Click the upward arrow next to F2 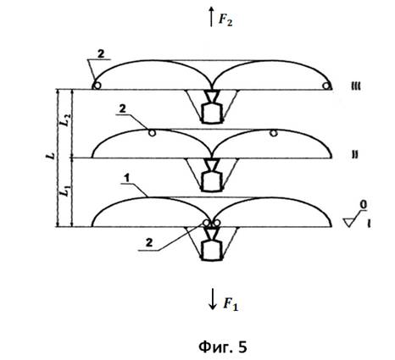[211, 17]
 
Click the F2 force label [225, 20]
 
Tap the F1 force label [231, 304]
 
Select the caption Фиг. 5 [223, 346]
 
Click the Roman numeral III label [355, 86]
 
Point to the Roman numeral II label [355, 155]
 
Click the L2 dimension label [65, 121]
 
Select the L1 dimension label [65, 191]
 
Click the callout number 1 [127, 178]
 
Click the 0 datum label [364, 205]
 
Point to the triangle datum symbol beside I [350, 222]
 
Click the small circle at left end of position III [97, 86]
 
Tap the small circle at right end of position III [327, 86]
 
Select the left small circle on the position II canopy [152, 133]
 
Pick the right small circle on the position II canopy [273, 133]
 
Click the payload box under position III [212, 114]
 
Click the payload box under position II [212, 181]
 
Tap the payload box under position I [212, 251]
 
